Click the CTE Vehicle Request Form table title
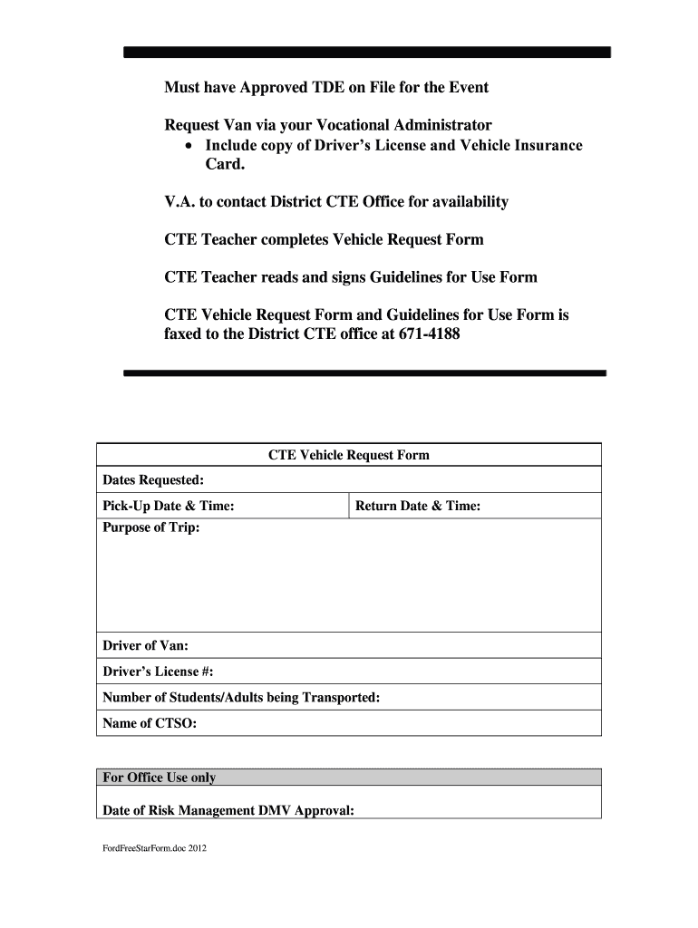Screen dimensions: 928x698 click(x=348, y=455)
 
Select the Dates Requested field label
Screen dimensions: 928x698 click(x=153, y=479)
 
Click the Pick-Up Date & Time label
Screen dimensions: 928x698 click(x=169, y=506)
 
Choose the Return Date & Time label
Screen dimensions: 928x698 click(x=418, y=506)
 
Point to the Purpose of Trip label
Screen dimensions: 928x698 click(x=151, y=528)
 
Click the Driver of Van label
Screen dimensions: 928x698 click(x=146, y=646)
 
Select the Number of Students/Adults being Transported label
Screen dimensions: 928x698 click(x=241, y=697)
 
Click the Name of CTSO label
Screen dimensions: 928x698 click(x=150, y=723)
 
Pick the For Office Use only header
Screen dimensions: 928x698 click(x=160, y=778)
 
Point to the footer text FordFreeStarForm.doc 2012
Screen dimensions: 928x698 click(x=154, y=849)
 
